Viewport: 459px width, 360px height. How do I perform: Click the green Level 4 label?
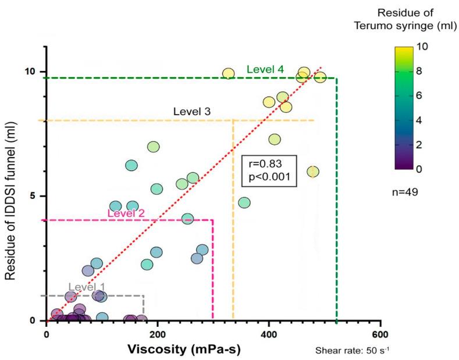(x=265, y=69)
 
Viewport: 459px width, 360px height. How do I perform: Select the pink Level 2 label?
(x=126, y=213)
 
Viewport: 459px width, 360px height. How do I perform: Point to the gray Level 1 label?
(x=87, y=287)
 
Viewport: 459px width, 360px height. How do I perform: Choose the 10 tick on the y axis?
(x=29, y=72)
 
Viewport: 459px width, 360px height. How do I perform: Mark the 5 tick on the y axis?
(x=34, y=196)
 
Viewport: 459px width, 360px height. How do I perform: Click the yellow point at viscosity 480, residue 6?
(x=313, y=172)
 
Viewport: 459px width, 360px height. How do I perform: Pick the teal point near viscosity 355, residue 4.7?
(x=244, y=202)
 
